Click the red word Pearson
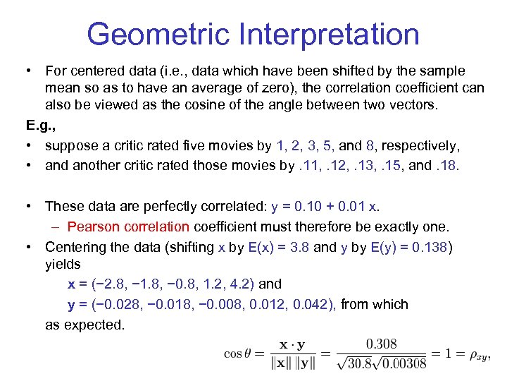[93, 227]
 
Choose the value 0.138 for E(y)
[430, 247]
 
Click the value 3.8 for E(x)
[298, 247]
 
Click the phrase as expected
[84, 325]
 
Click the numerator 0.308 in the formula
[381, 344]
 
